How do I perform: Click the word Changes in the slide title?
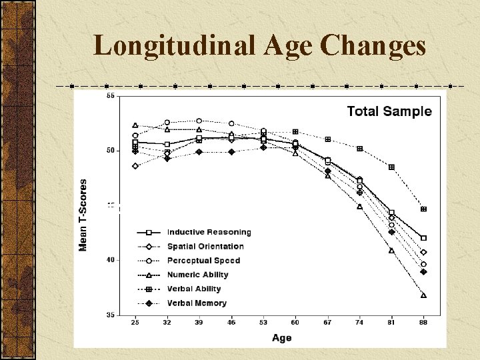coord(373,45)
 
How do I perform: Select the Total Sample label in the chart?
coord(389,111)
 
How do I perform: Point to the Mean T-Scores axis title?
coord(83,215)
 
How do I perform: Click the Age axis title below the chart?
coord(281,338)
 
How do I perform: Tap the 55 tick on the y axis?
coord(111,96)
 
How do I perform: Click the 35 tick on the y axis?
coord(111,315)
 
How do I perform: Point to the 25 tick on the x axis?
coord(135,323)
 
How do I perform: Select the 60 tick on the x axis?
coord(295,323)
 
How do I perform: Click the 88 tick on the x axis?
coord(423,323)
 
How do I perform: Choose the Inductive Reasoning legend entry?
coord(209,232)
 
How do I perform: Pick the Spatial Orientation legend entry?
coord(205,247)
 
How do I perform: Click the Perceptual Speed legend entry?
coord(204,261)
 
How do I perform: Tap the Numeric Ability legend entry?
coord(197,275)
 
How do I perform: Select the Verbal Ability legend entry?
coord(194,289)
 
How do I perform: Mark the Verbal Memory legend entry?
coord(197,303)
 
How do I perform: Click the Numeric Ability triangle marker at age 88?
coord(423,295)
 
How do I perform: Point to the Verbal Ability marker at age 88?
coord(423,209)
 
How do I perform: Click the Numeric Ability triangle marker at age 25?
coord(135,125)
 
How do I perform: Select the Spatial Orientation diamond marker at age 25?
coord(135,166)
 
